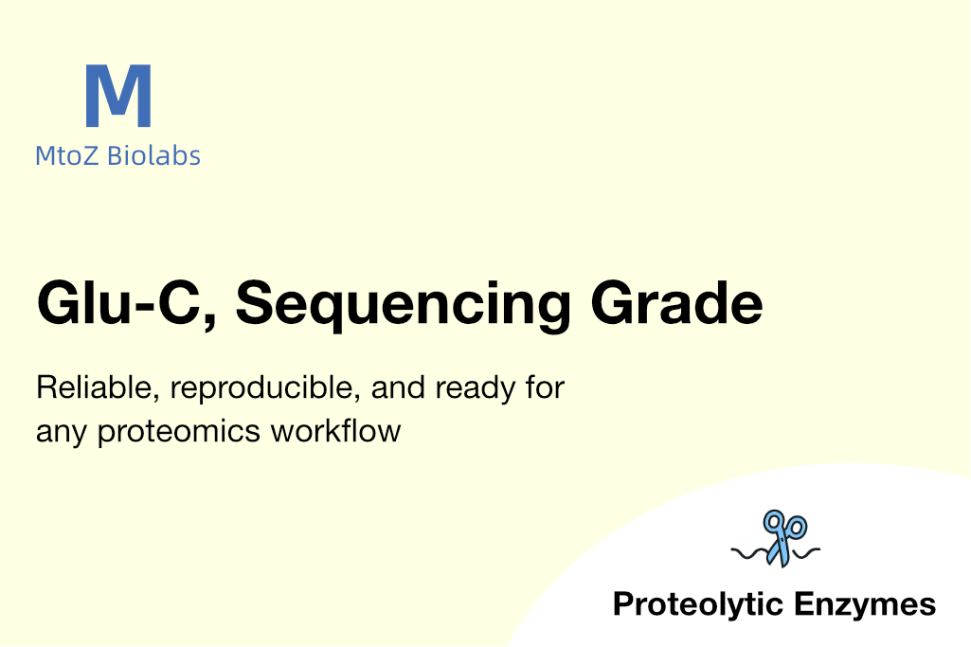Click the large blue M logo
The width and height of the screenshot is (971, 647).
[x=118, y=96]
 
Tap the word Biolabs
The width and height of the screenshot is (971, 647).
[x=153, y=155]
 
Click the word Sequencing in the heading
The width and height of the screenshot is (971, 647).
[x=404, y=305]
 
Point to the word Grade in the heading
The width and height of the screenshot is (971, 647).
[x=676, y=303]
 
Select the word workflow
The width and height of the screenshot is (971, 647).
[x=335, y=430]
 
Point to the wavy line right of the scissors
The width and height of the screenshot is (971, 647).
[x=804, y=553]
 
